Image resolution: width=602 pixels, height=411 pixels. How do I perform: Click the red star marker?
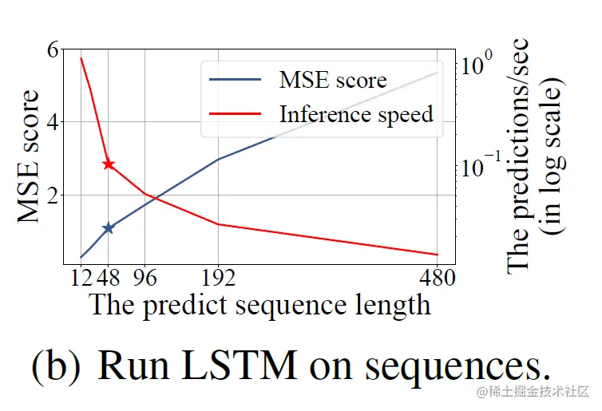109,164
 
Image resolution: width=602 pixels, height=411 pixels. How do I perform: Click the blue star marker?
109,227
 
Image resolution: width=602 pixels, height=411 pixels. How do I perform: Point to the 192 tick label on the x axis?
217,279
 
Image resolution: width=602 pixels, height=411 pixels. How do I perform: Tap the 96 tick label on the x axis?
145,279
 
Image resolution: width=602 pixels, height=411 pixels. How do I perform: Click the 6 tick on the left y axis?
53,49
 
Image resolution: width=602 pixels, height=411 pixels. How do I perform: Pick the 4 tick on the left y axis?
53,122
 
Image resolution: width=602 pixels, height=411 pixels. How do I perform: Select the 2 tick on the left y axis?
53,196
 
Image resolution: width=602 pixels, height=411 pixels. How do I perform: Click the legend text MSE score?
332,80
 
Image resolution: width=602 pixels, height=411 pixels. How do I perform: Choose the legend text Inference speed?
356,114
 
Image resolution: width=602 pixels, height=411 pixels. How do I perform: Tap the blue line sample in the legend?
235,80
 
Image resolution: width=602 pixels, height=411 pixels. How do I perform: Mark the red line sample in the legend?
235,114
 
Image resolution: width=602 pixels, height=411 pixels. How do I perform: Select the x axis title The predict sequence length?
259,306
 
